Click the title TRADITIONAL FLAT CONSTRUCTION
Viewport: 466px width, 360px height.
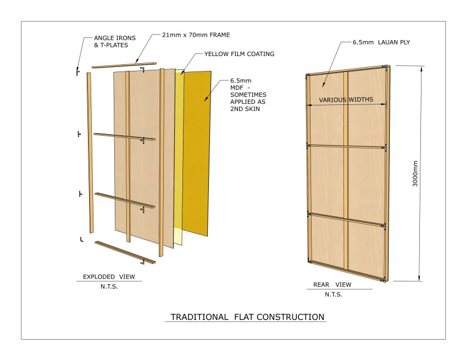[247, 317]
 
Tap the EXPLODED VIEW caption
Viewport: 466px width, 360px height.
[109, 277]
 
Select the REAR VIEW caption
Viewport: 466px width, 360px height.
[332, 285]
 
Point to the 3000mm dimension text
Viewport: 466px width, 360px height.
[415, 174]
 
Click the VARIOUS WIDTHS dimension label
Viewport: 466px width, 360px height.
[346, 99]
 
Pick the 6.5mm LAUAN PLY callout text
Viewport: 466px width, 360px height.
[381, 42]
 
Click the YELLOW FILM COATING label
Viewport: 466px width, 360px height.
[239, 54]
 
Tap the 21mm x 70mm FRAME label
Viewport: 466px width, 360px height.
[196, 35]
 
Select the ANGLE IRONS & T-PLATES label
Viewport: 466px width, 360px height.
[115, 42]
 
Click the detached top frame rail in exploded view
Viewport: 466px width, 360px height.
[124, 65]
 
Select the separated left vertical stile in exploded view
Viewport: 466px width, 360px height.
[90, 153]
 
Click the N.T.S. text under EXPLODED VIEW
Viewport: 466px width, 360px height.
[109, 286]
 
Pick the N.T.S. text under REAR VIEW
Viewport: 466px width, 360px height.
[334, 295]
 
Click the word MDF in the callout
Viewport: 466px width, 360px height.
[236, 88]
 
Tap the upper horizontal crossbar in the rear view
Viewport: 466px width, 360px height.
[347, 147]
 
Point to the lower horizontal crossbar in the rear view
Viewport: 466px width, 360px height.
[347, 219]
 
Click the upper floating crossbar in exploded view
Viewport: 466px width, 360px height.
[124, 137]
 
